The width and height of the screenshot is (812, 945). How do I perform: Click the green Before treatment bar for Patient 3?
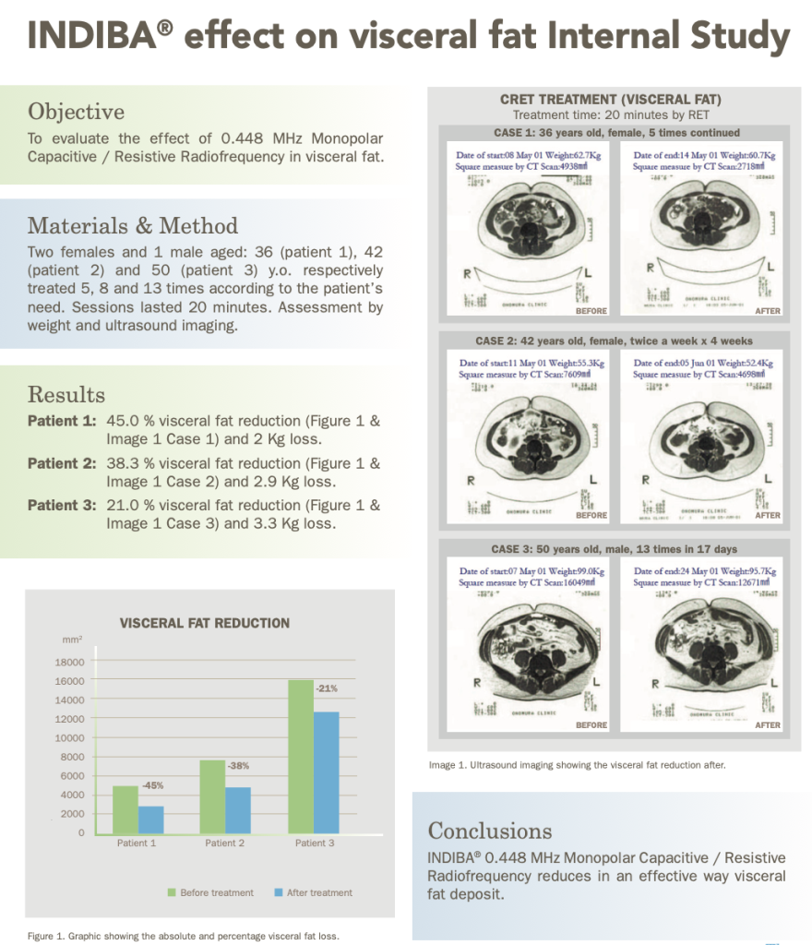coord(299,757)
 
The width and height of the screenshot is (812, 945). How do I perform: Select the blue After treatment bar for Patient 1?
coord(151,819)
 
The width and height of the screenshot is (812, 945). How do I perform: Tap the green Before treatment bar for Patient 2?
coord(211,796)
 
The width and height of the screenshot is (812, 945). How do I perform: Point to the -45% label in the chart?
coord(153,785)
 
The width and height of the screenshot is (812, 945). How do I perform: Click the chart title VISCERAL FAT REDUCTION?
coord(205,623)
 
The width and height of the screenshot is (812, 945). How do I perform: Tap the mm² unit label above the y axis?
coord(70,640)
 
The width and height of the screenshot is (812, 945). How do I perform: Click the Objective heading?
coord(76,112)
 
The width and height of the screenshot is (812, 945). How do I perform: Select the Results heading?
coord(66,395)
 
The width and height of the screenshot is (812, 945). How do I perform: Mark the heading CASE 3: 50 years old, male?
coord(614,549)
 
